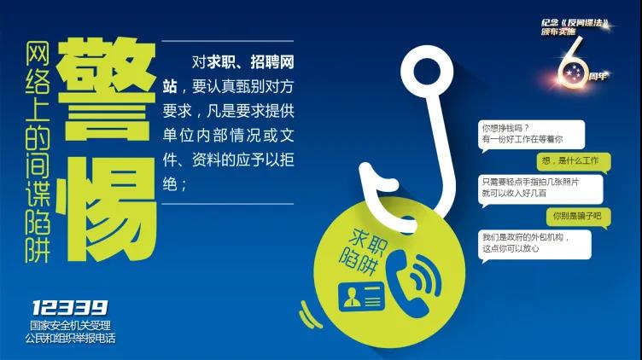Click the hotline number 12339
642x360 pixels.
(x=70, y=308)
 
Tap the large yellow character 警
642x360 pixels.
(x=107, y=89)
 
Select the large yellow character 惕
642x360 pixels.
(x=107, y=209)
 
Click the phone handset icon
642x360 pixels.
(x=414, y=282)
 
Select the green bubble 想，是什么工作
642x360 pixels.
(x=574, y=161)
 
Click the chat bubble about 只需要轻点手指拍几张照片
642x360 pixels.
(x=540, y=189)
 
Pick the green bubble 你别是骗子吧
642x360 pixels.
(x=579, y=217)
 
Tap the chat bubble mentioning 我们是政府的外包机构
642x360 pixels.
(x=534, y=244)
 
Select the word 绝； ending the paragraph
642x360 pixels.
(x=175, y=184)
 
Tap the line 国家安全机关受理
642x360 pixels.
(x=70, y=326)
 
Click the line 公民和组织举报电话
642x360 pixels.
(x=70, y=339)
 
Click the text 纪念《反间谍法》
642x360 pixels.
(x=575, y=23)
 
